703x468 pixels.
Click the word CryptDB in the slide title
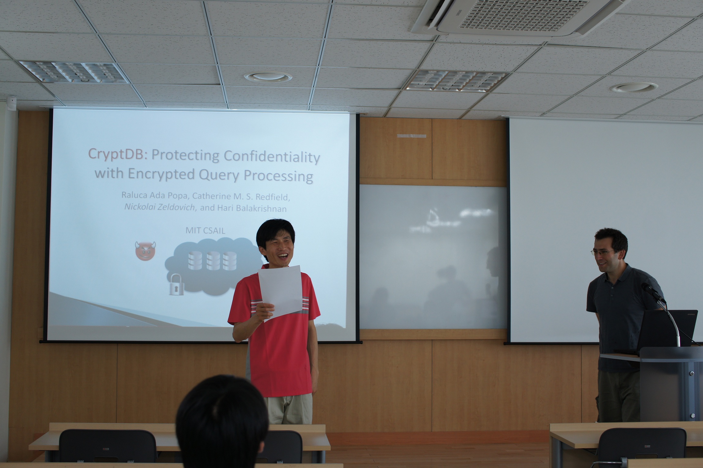point(116,154)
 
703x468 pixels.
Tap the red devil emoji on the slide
point(145,251)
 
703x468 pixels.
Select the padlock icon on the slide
point(177,284)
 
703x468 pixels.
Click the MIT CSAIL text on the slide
point(205,230)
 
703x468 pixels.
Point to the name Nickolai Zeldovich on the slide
point(160,207)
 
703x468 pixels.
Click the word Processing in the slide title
point(278,176)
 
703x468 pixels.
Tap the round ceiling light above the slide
point(268,77)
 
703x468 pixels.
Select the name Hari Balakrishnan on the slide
point(252,209)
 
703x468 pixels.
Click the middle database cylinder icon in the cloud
point(213,261)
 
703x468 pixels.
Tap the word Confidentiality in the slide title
point(272,156)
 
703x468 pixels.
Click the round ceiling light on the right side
point(634,88)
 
